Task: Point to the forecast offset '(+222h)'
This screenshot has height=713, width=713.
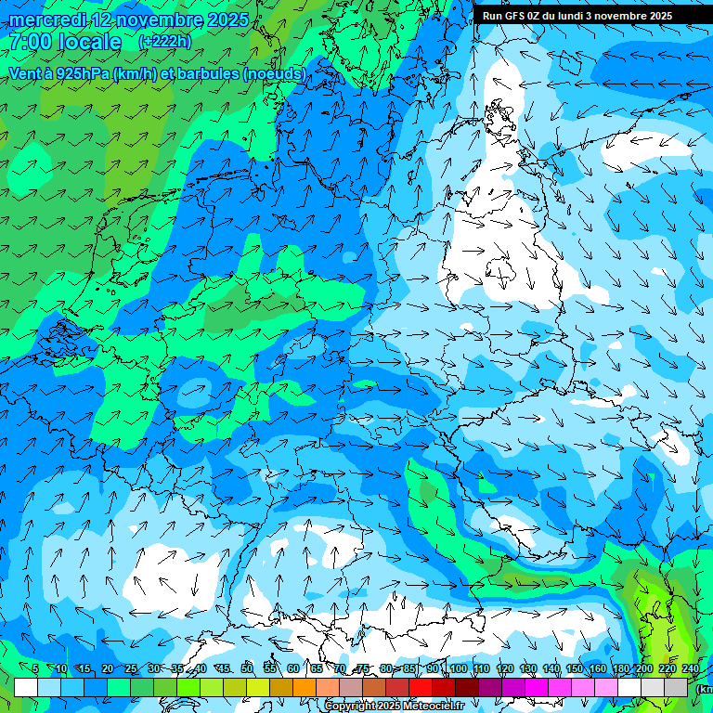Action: click(x=164, y=42)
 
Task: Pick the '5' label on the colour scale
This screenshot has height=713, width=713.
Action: click(x=35, y=669)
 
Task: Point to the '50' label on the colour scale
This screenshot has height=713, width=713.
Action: click(x=247, y=669)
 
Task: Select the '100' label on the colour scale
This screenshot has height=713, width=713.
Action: click(x=458, y=669)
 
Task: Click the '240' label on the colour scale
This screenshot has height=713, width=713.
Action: click(x=690, y=669)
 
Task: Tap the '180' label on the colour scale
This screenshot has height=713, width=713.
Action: click(x=620, y=669)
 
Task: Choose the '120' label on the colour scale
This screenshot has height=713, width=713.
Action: click(x=504, y=669)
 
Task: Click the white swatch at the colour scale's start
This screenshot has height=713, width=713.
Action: click(x=25, y=688)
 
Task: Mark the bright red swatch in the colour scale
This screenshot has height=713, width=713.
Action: click(x=421, y=688)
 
